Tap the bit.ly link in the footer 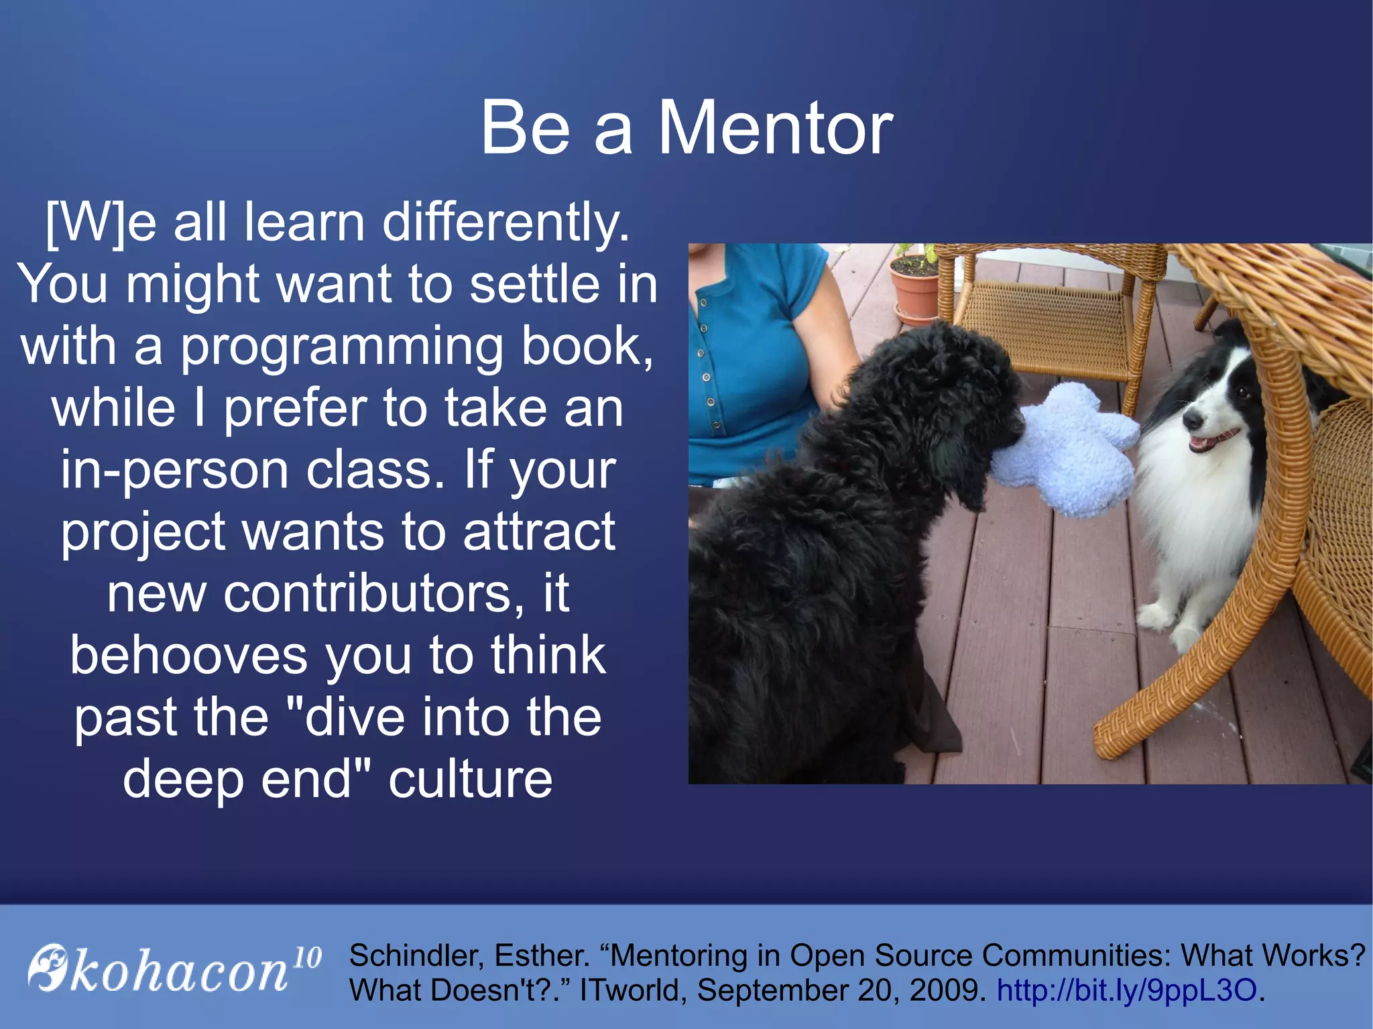(1126, 990)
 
